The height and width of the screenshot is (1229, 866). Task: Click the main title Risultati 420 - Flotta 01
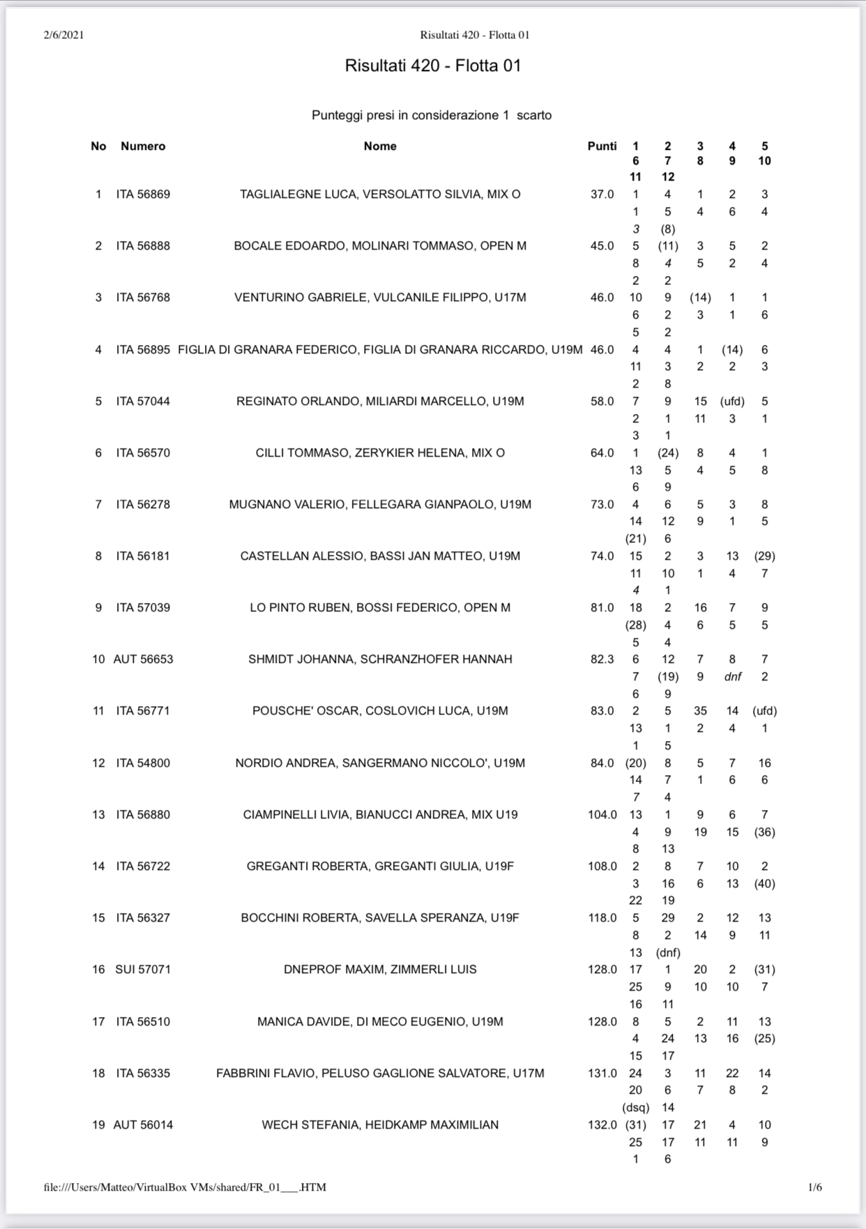pos(432,66)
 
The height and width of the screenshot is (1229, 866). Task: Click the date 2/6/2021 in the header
pos(63,35)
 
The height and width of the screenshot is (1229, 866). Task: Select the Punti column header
pos(602,146)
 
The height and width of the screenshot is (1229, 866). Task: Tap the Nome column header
pos(380,146)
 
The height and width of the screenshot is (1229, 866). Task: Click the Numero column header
pos(143,146)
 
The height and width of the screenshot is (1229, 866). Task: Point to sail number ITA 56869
pos(143,194)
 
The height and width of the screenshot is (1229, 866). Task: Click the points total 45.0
pos(602,246)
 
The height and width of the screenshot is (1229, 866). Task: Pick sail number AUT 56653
pos(143,659)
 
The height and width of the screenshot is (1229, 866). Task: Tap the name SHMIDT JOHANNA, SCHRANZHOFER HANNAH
pos(380,659)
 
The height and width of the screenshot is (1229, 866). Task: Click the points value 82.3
pos(602,659)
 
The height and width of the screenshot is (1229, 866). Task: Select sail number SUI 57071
pos(143,970)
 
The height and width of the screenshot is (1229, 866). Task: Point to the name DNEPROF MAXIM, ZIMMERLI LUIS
pos(380,970)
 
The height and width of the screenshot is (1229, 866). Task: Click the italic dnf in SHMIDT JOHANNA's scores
pos(732,677)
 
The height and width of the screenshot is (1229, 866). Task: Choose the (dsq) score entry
pos(635,1108)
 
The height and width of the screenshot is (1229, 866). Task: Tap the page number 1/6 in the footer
pos(814,1187)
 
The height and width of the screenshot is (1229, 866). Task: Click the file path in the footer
pos(185,1187)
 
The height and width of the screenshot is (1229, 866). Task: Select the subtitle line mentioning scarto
pos(432,116)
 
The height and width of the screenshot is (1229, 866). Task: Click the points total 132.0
pos(602,1125)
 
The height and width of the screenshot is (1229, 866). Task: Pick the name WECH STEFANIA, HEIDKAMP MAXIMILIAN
pos(380,1125)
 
